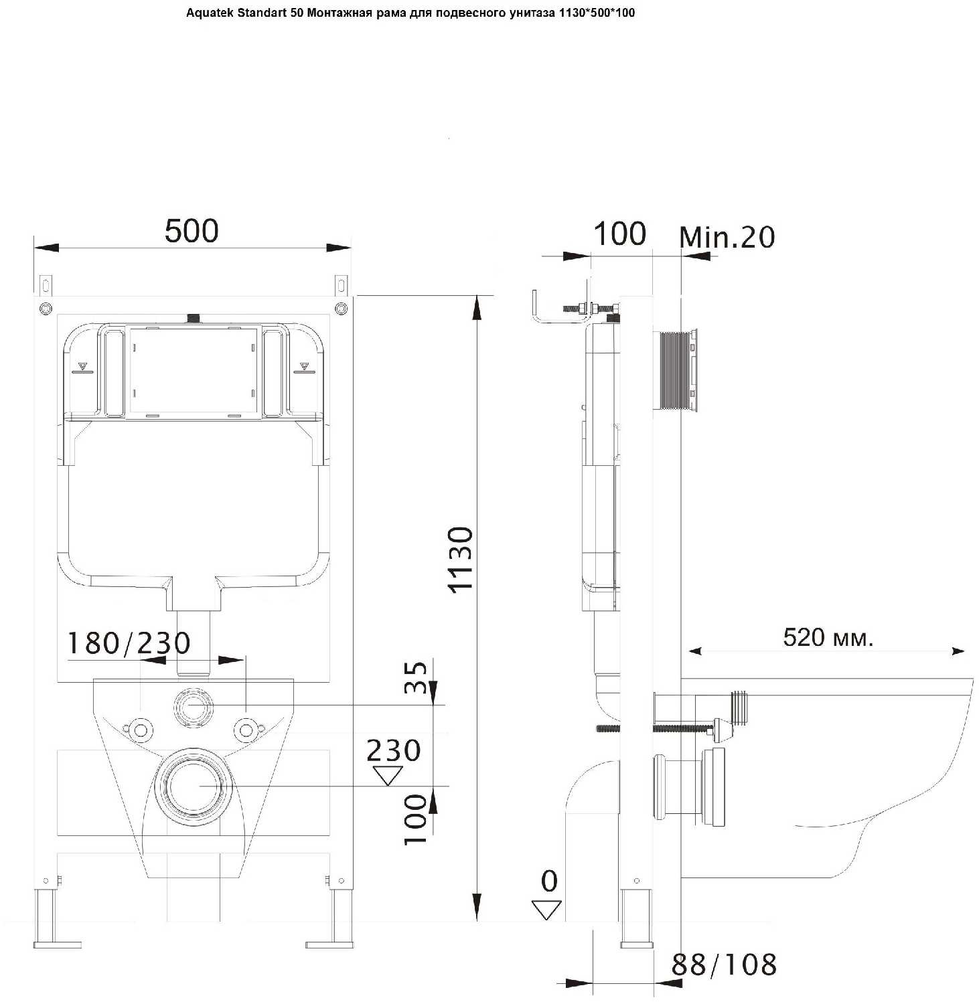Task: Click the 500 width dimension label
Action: tap(192, 231)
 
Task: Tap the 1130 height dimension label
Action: tap(461, 559)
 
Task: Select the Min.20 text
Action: tap(727, 237)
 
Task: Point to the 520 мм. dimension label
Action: tap(828, 637)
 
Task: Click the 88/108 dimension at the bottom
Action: tap(724, 965)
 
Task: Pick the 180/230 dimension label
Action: tap(129, 643)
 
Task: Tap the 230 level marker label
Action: tap(394, 750)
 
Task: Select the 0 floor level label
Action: tap(549, 881)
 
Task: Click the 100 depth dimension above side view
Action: tap(619, 234)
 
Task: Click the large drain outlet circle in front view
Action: tap(194, 786)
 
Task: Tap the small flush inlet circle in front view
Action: tap(194, 705)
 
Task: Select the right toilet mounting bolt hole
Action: tap(246, 729)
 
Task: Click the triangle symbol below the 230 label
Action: tap(388, 775)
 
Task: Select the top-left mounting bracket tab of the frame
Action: tap(46, 285)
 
